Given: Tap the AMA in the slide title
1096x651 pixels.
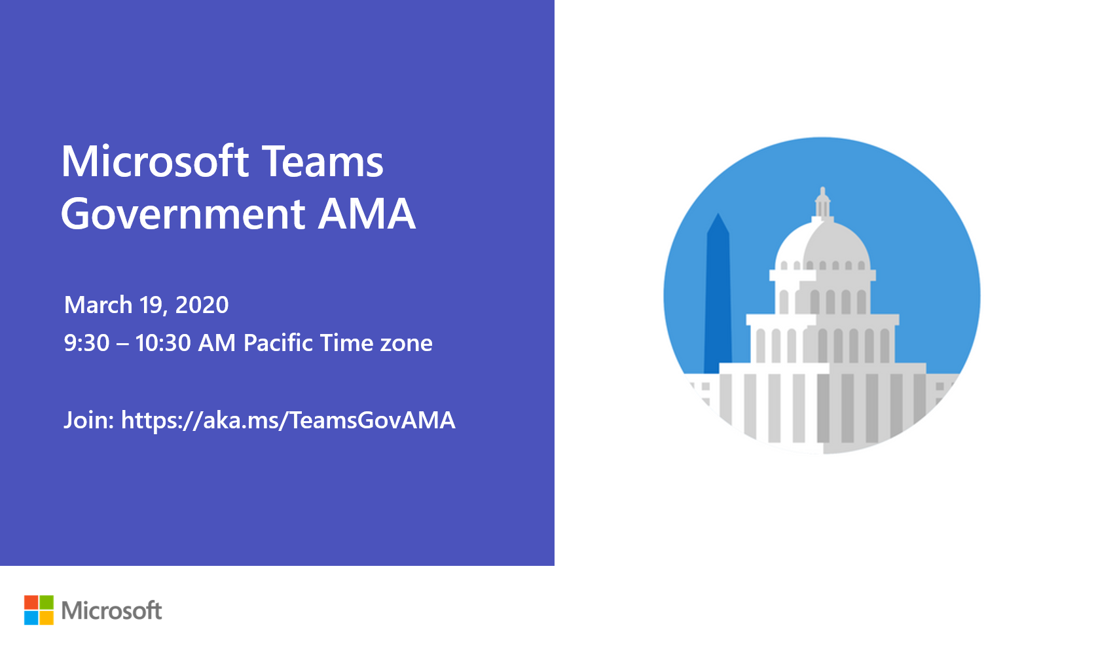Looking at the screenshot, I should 367,214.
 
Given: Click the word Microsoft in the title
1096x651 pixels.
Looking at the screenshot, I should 155,162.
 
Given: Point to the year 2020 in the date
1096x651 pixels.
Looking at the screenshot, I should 202,305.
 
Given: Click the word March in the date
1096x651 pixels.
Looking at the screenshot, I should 98,305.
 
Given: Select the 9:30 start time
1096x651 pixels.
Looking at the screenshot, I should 86,343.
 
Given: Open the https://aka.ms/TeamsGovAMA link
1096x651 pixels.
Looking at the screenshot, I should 288,420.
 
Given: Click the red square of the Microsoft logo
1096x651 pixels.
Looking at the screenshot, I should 31,603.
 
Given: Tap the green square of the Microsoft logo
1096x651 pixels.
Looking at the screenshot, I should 46,603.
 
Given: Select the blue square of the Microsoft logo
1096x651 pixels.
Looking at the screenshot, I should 31,618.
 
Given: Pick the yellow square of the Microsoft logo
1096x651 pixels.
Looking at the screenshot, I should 46,618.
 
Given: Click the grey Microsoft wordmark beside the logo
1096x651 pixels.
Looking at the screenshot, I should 111,610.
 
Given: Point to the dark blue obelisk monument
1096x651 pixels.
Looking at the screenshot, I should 718,295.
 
